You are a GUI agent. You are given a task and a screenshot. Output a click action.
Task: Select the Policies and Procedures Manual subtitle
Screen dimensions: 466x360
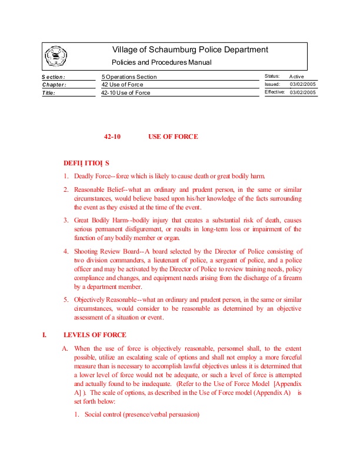pos(161,62)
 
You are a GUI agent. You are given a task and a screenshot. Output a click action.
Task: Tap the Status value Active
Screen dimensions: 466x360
pos(296,76)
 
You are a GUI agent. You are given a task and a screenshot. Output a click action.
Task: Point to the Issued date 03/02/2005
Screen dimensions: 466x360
pos(303,85)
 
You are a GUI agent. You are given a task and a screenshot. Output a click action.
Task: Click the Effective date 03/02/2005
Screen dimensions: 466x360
pos(303,92)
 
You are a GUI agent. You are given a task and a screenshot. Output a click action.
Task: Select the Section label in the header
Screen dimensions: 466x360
pos(54,77)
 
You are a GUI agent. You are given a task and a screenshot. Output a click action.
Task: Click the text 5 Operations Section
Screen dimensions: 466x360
pos(129,77)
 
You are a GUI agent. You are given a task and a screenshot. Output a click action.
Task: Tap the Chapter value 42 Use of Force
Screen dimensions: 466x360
pos(122,85)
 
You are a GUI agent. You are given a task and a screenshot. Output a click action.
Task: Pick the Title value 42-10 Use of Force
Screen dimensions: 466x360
pos(125,93)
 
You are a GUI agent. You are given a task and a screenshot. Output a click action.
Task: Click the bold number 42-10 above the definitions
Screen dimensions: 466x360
pos(112,137)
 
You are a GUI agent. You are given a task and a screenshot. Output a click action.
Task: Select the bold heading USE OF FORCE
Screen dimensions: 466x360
pos(173,137)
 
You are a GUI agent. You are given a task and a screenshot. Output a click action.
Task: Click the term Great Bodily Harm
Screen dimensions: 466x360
pos(98,220)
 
